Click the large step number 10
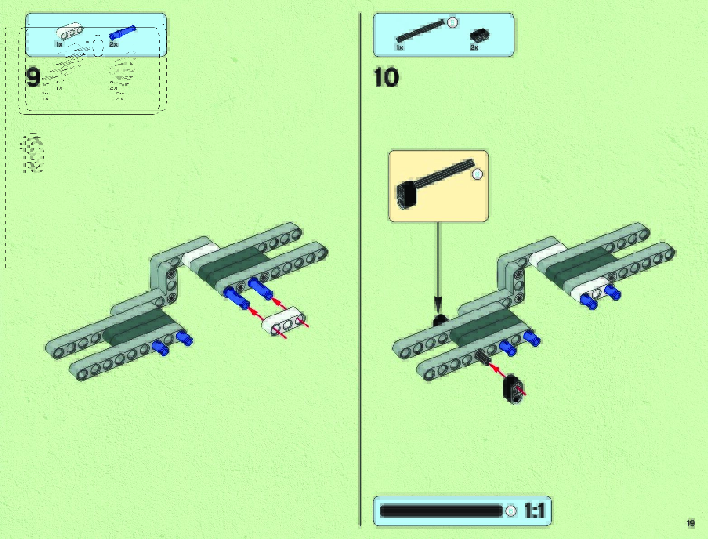click(386, 77)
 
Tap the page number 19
click(690, 524)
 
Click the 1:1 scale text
click(535, 511)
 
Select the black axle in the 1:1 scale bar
click(441, 511)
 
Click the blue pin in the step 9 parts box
click(123, 33)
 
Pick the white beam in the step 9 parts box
click(70, 31)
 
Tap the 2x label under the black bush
click(474, 48)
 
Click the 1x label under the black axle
click(399, 48)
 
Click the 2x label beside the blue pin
click(113, 44)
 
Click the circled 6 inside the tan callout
click(477, 174)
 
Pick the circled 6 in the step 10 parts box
click(452, 22)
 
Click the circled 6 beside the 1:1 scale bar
click(510, 511)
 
